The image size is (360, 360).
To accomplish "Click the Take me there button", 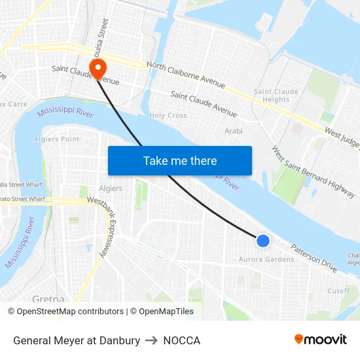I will (180, 160).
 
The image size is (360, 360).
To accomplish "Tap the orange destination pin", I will (98, 69).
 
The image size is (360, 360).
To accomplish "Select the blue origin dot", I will (262, 241).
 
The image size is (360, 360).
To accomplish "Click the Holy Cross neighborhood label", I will (168, 115).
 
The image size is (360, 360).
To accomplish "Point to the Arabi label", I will (234, 131).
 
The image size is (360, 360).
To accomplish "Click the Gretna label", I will (48, 299).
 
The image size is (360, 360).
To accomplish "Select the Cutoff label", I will (338, 291).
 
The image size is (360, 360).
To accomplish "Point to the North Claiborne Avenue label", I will (186, 75).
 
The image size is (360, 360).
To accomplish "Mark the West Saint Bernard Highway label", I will (314, 171).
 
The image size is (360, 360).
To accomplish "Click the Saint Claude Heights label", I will (276, 96).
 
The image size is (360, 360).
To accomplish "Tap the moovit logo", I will (321, 340).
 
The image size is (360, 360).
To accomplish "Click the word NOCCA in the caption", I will (182, 340).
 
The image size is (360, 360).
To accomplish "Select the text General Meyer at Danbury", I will (77, 340).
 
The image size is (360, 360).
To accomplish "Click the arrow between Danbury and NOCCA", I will (152, 340).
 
